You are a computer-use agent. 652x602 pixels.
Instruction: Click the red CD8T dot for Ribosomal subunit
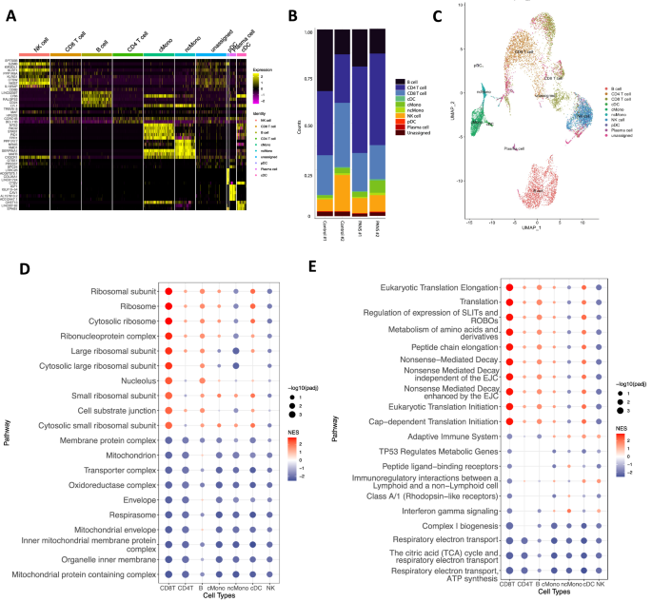(168, 291)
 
